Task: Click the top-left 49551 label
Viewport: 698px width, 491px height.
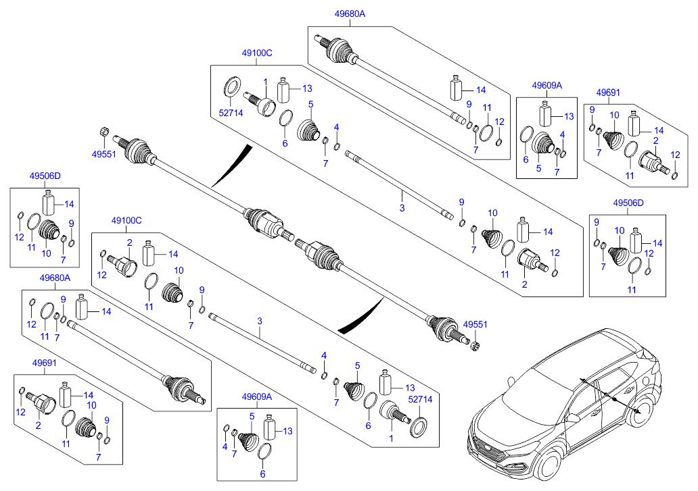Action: (103, 153)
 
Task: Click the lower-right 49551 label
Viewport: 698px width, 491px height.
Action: (474, 325)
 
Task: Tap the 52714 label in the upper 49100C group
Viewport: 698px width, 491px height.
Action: (230, 113)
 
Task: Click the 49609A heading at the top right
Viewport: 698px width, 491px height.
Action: (546, 86)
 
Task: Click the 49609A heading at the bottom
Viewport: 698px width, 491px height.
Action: (256, 397)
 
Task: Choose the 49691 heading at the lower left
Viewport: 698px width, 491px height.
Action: (44, 362)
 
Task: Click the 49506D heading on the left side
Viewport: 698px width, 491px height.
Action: (45, 176)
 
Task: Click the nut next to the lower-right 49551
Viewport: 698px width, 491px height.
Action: (475, 346)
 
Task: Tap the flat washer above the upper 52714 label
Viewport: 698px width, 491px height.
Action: (231, 86)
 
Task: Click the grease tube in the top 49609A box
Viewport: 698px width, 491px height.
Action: (545, 113)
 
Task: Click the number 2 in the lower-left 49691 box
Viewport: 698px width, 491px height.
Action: (37, 425)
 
